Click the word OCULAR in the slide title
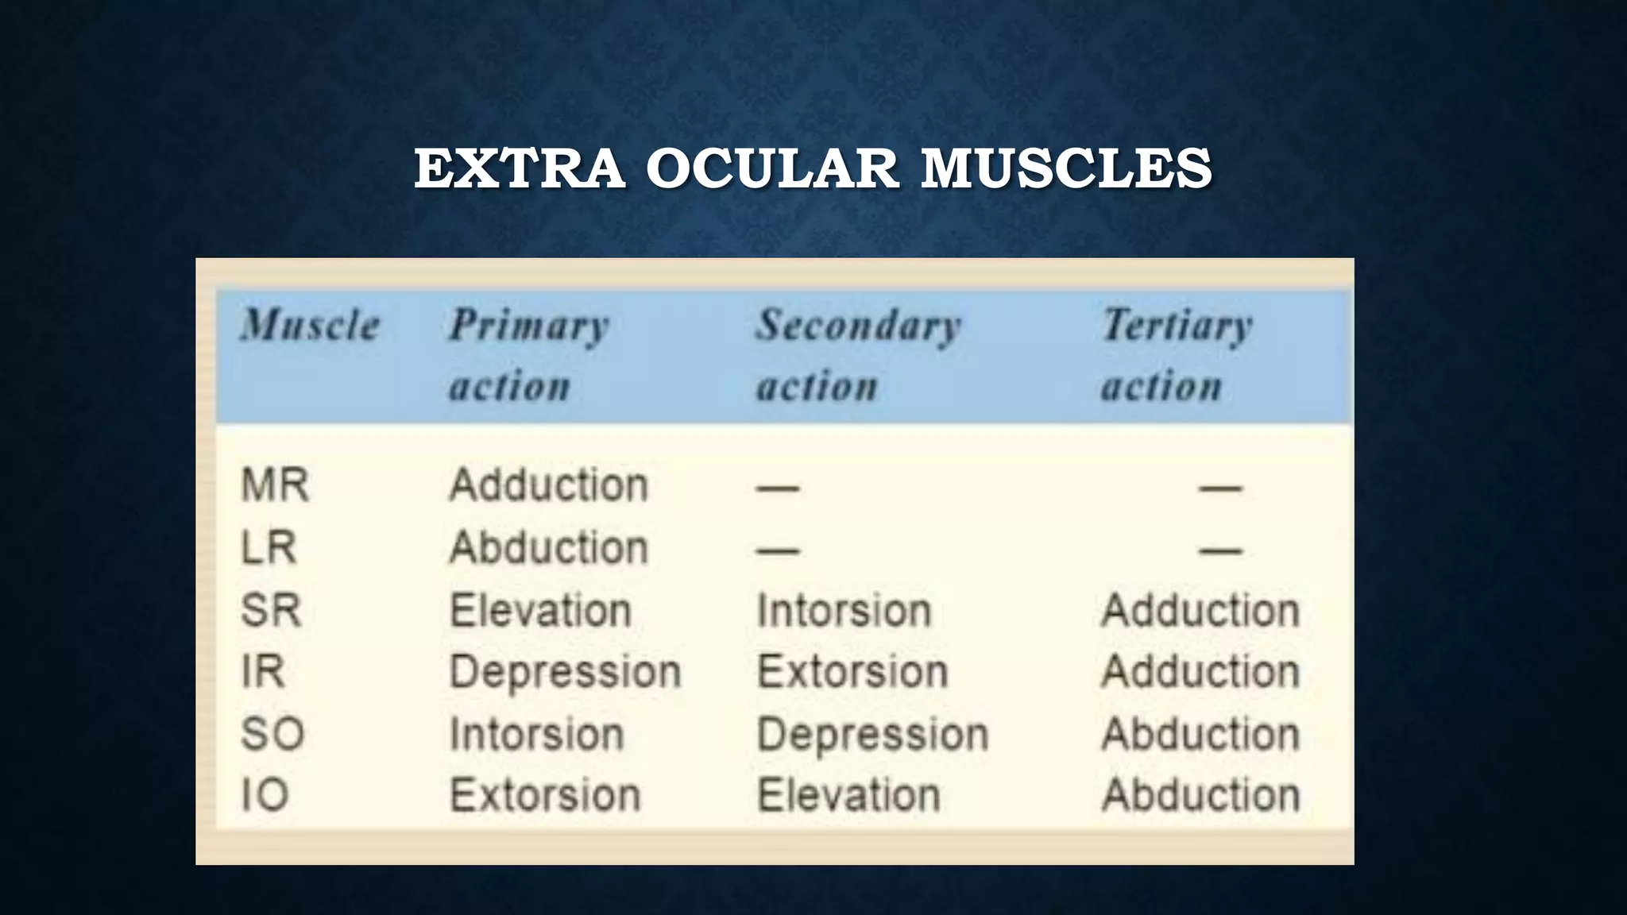(772, 168)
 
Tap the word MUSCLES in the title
(1066, 168)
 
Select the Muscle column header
(311, 325)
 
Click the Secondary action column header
(858, 355)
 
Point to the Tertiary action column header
(1177, 355)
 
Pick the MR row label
(275, 485)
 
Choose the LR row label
(269, 547)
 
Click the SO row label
(272, 734)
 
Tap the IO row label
(265, 795)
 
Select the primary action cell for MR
(549, 485)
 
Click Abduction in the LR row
(549, 547)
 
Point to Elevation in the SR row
(540, 610)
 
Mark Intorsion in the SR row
(844, 610)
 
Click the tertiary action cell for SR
(1200, 610)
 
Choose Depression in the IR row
(565, 672)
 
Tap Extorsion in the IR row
(852, 672)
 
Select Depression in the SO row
(872, 734)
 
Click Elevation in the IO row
(848, 795)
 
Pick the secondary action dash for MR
(778, 488)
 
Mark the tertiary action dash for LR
(1220, 550)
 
